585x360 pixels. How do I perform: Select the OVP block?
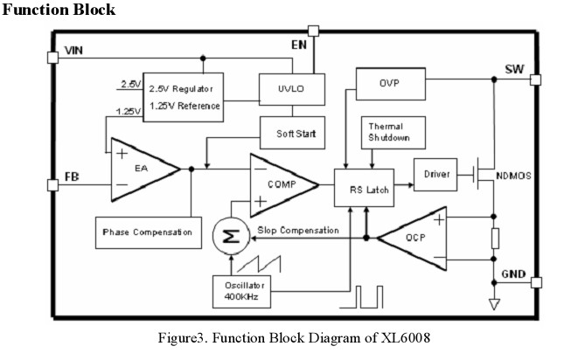click(x=389, y=84)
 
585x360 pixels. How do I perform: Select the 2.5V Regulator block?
click(x=182, y=96)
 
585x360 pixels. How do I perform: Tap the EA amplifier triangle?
click(x=140, y=170)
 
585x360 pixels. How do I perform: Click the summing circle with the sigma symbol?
click(x=232, y=235)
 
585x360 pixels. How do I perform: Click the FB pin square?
click(x=50, y=184)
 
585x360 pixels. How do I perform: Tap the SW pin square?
click(x=535, y=80)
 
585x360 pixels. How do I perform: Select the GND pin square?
click(x=535, y=283)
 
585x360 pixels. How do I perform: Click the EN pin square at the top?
click(x=313, y=31)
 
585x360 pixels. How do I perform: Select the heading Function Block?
click(x=59, y=10)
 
